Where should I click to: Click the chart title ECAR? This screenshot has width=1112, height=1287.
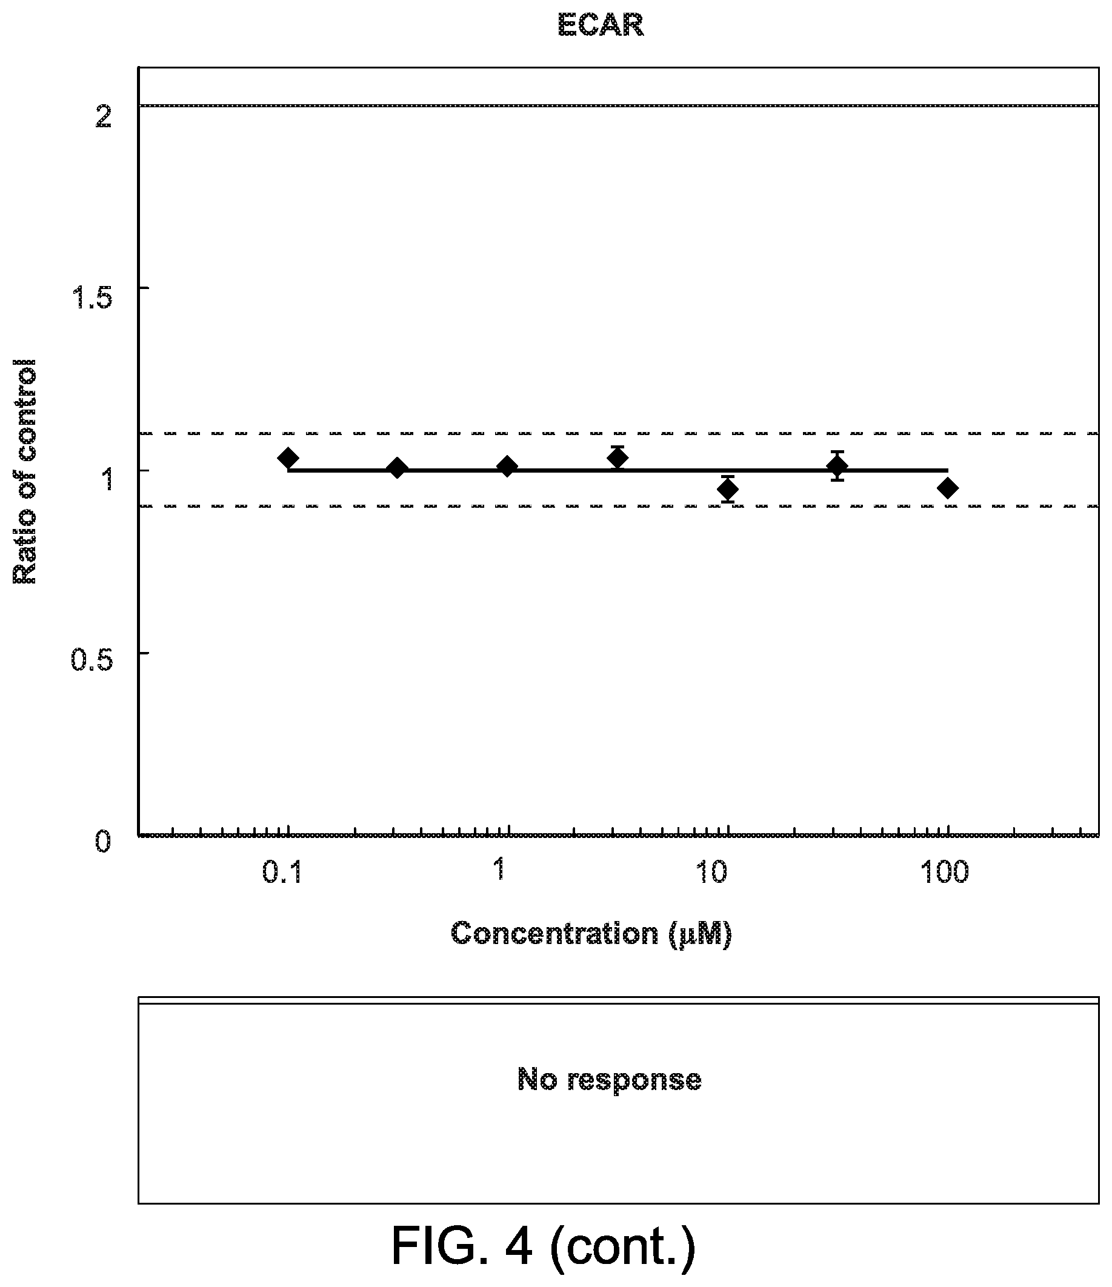pyautogui.click(x=600, y=26)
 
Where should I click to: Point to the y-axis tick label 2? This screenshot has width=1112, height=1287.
pyautogui.click(x=103, y=116)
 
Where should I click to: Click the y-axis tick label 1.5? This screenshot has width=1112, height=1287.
pyautogui.click(x=92, y=298)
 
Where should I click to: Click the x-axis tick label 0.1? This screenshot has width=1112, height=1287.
pyautogui.click(x=282, y=873)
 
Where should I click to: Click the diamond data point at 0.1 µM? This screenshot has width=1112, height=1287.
pyautogui.click(x=288, y=457)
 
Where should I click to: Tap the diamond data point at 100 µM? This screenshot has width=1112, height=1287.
pyautogui.click(x=947, y=488)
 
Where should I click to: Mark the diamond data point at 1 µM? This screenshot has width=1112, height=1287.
pyautogui.click(x=508, y=467)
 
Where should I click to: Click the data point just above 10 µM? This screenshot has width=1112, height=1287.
pyautogui.click(x=727, y=489)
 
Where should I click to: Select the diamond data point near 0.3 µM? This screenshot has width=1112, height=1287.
pyautogui.click(x=398, y=468)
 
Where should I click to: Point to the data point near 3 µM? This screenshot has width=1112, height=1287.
pyautogui.click(x=618, y=457)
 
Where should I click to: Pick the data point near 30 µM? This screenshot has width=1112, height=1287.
pyautogui.click(x=837, y=465)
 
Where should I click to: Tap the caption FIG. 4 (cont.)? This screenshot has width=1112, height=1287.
pyautogui.click(x=544, y=1246)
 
